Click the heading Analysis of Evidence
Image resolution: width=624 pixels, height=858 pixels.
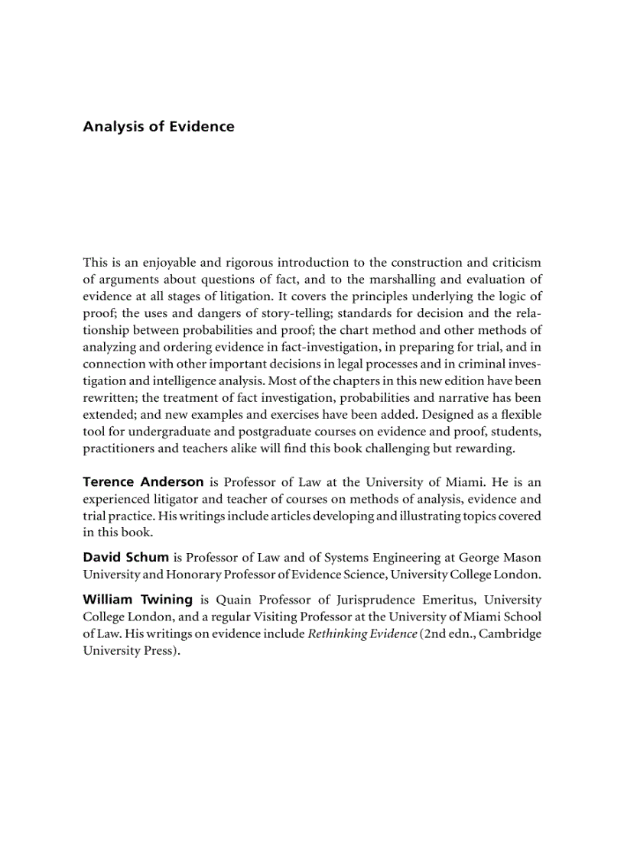point(158,127)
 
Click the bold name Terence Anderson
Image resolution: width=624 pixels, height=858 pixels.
point(143,482)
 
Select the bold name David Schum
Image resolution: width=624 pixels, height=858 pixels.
point(126,557)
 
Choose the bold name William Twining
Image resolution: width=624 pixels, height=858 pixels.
point(138,600)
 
